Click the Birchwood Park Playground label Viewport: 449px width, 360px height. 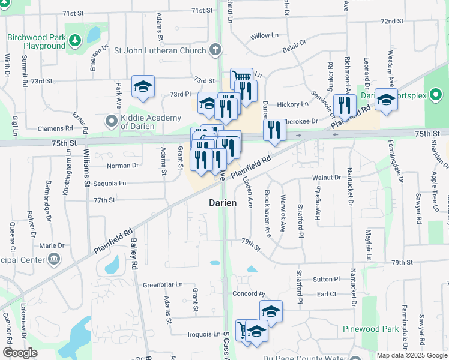[x=36, y=41]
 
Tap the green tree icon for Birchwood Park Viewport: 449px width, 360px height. [x=75, y=41]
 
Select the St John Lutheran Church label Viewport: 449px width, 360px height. [x=160, y=51]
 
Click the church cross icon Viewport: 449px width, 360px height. [x=215, y=51]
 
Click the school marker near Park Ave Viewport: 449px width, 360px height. [x=143, y=87]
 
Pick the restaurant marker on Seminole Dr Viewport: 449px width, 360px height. [x=345, y=105]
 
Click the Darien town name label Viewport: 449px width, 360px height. [x=223, y=203]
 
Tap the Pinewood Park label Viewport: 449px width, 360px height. [x=371, y=329]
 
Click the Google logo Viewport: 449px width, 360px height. [x=20, y=353]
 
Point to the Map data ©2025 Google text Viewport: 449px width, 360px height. [x=412, y=355]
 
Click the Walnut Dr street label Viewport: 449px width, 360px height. [x=326, y=178]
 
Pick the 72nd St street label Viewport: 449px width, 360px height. [x=391, y=21]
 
